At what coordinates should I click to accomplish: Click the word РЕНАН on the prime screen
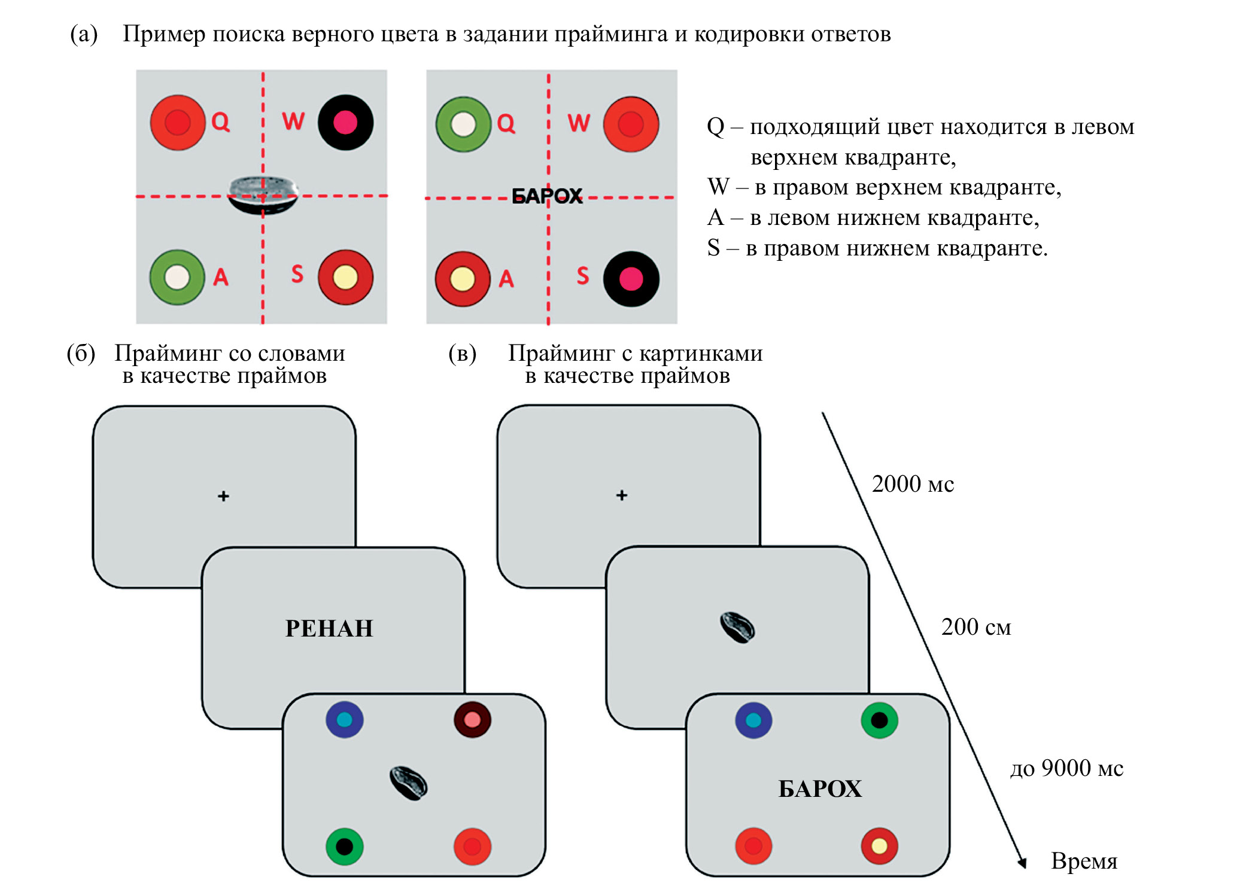329,628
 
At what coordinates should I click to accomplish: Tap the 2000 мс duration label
912,484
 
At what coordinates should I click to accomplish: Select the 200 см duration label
975,627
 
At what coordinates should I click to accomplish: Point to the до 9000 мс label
1066,768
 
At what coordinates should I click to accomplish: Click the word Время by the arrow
1084,861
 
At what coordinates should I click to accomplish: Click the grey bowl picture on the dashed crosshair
263,194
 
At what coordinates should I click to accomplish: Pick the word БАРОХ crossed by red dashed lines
547,196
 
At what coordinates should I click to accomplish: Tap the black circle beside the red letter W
345,123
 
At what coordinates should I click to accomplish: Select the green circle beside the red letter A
177,278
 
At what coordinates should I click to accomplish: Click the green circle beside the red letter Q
463,124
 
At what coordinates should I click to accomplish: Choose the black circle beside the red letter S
631,279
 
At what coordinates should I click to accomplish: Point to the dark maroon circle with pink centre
472,719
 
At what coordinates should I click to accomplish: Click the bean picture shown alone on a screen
737,628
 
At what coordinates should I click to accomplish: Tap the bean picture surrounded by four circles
408,783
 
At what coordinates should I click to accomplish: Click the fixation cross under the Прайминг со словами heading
223,496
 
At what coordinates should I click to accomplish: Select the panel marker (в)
462,354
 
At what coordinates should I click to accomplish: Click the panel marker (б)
81,354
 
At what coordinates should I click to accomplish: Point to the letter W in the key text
718,187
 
